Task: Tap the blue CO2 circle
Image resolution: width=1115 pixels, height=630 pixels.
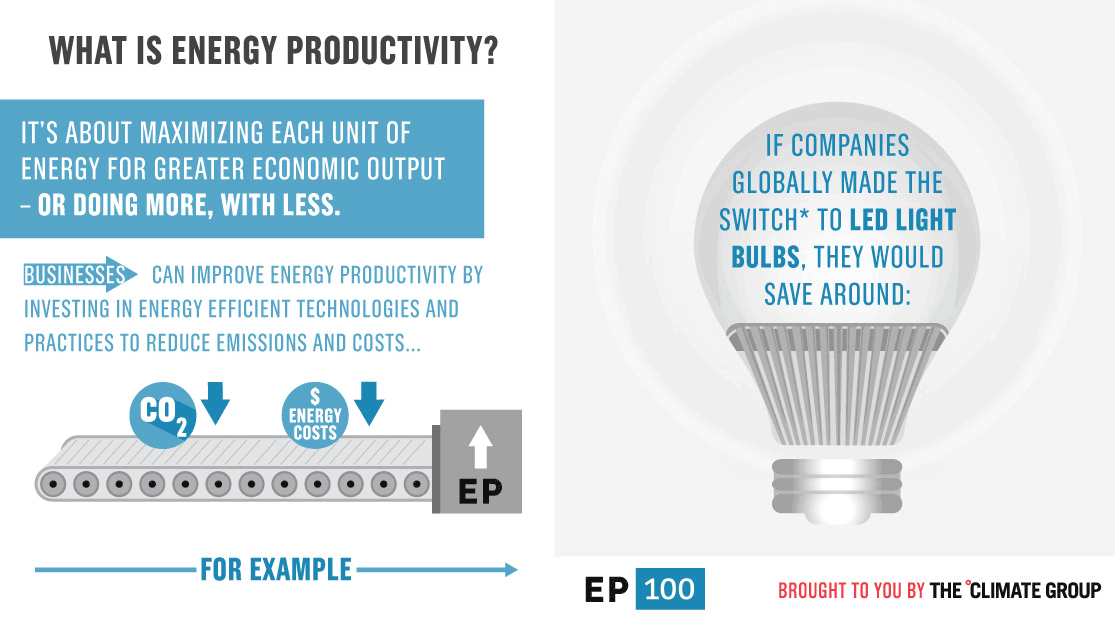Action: point(162,412)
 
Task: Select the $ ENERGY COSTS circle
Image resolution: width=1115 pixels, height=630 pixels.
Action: point(316,415)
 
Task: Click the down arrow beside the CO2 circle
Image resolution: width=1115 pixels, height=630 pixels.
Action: point(215,402)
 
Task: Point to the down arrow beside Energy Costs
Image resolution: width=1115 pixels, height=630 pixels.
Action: point(370,402)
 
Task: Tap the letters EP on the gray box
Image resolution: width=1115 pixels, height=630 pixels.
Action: point(479,492)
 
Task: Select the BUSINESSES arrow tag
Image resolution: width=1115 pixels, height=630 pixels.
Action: point(79,275)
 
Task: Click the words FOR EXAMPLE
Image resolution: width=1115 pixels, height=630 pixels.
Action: point(276,570)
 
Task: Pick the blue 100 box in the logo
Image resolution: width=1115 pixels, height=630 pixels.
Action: point(670,589)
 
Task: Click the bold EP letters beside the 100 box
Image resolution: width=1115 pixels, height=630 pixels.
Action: point(606,590)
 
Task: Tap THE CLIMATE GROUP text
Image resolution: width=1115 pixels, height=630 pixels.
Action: point(1016,590)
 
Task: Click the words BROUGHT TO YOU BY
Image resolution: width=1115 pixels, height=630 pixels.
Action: point(851,591)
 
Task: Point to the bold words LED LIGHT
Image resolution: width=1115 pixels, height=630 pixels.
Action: point(889,220)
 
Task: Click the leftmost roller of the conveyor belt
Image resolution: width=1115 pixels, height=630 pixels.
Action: point(54,484)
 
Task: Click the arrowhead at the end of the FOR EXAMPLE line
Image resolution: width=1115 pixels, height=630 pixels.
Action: point(510,570)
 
